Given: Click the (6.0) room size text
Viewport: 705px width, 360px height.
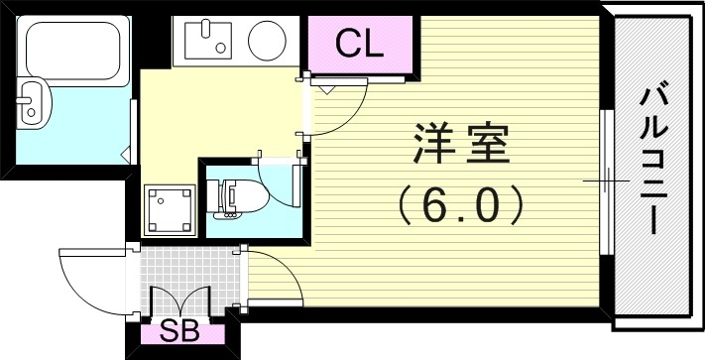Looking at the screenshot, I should tap(460, 206).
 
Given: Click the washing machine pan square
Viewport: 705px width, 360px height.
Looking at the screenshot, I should tap(166, 208).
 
